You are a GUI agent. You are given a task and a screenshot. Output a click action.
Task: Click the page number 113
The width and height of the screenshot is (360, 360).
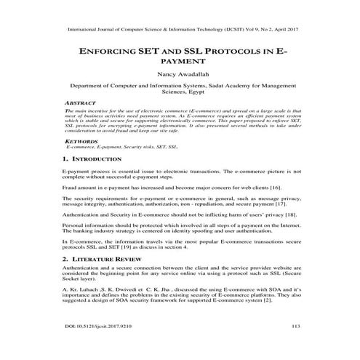[295, 327]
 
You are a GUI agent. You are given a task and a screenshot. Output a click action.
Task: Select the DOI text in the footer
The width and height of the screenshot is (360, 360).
[95, 327]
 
